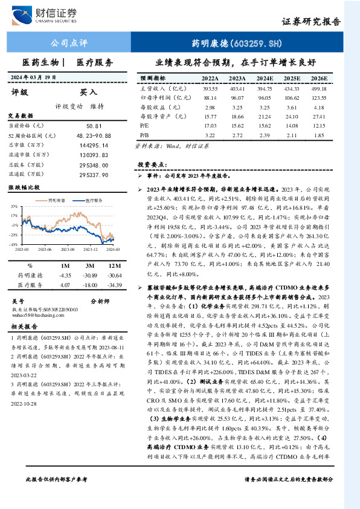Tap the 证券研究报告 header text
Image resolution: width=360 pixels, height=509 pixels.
click(311, 22)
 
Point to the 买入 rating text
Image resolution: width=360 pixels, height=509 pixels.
click(89, 92)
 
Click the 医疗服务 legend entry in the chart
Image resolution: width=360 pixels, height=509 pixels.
click(91, 199)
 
